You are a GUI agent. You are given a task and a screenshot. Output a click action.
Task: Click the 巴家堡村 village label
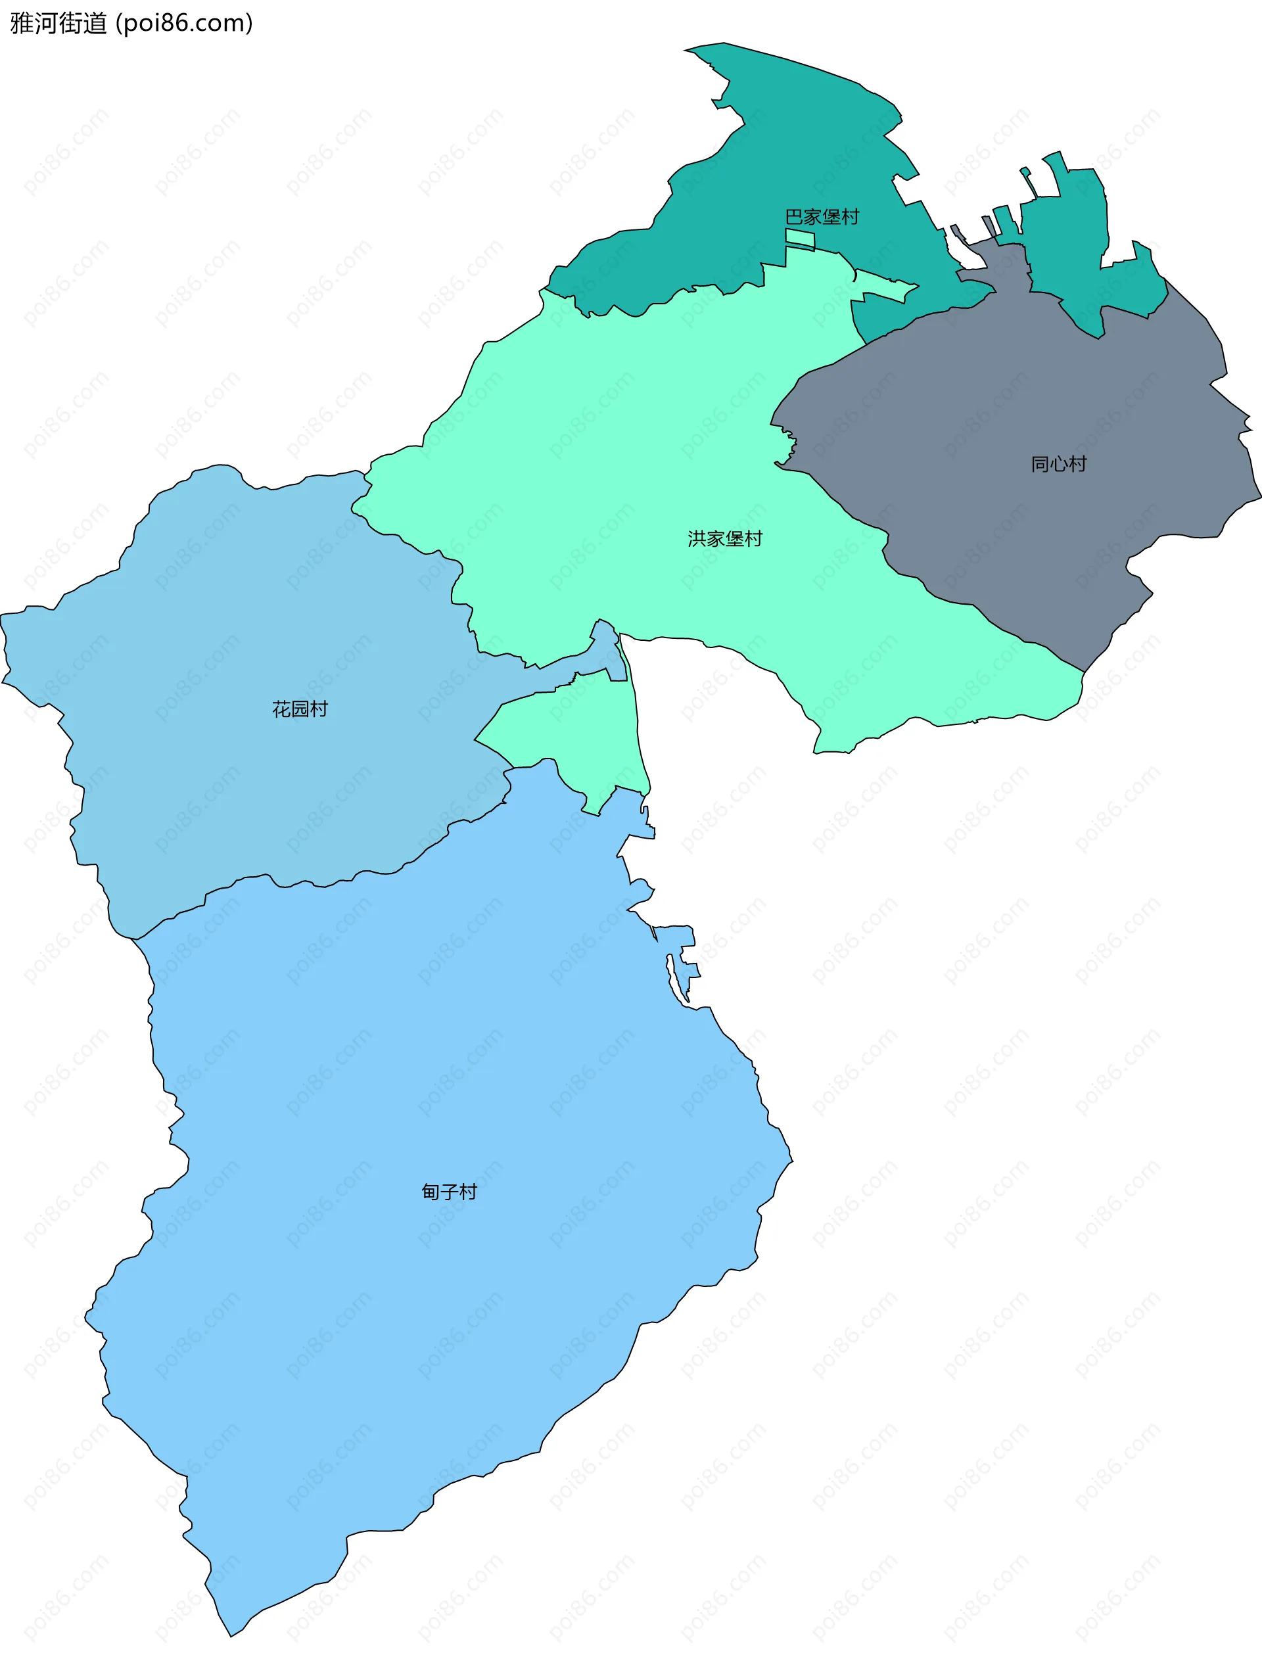click(822, 217)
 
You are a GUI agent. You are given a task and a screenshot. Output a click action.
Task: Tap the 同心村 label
click(1058, 464)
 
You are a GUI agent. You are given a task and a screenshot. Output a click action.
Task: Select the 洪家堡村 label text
click(724, 539)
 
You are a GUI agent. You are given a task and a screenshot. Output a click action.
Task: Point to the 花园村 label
click(300, 709)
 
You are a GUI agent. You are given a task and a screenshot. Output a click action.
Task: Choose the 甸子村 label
click(450, 1192)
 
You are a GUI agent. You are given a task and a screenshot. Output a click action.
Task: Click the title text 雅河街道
click(58, 24)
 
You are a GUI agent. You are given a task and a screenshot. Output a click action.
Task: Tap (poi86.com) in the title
click(185, 24)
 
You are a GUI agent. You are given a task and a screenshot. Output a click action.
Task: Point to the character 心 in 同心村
click(1058, 464)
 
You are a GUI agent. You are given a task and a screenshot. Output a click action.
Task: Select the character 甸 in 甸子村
click(431, 1192)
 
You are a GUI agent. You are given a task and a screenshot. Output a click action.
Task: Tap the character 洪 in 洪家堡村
click(697, 539)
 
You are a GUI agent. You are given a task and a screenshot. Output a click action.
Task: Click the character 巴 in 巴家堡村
click(794, 217)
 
